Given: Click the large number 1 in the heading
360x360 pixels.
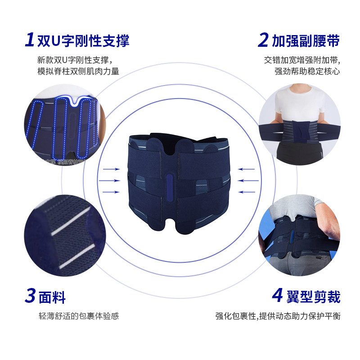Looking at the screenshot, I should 30,40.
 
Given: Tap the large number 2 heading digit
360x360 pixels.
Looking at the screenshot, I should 263,40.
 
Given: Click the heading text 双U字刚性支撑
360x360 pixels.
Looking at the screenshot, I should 83,41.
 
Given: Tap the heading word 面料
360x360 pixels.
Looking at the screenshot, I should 52,297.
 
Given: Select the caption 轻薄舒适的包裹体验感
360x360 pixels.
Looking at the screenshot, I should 79,316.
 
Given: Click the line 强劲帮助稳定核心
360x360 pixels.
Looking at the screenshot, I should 307,71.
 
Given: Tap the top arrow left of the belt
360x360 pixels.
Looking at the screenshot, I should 111,169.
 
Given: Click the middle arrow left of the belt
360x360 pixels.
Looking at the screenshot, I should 111,180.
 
